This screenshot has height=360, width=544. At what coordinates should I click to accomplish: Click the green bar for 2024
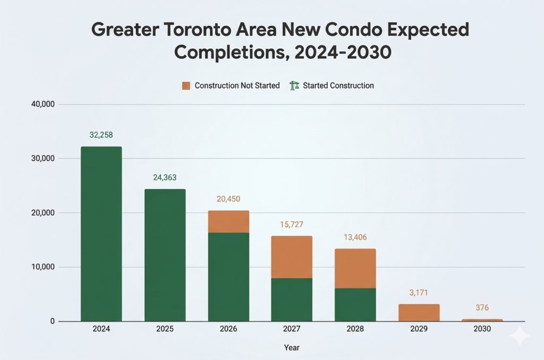[x=101, y=234]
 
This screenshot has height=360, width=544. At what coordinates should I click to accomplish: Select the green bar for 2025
[x=165, y=255]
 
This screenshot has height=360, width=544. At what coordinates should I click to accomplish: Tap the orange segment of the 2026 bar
[x=228, y=221]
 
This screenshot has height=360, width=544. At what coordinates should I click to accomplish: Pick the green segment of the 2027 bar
[x=292, y=299]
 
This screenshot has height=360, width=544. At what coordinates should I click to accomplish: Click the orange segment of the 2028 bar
[x=355, y=268]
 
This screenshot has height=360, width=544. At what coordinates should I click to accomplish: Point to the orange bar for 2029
[x=419, y=313]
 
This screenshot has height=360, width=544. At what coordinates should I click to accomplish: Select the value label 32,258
[x=101, y=135]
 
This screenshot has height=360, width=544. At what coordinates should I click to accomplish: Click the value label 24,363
[x=165, y=178]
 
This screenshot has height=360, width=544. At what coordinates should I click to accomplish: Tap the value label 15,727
[x=292, y=225]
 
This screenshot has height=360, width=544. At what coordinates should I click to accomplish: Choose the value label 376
[x=482, y=308]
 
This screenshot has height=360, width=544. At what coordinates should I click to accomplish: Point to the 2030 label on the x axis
[x=482, y=329]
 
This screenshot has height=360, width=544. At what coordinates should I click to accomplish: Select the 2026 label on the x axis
[x=228, y=329]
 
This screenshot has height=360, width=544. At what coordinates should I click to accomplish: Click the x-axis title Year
[x=291, y=348]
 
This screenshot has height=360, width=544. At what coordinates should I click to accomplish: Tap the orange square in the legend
[x=186, y=85]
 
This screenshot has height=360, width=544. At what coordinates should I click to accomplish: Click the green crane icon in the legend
[x=294, y=85]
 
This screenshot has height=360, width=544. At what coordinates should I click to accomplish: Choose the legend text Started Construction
[x=338, y=85]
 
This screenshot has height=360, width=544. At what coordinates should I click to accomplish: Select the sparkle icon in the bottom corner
[x=519, y=336]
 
